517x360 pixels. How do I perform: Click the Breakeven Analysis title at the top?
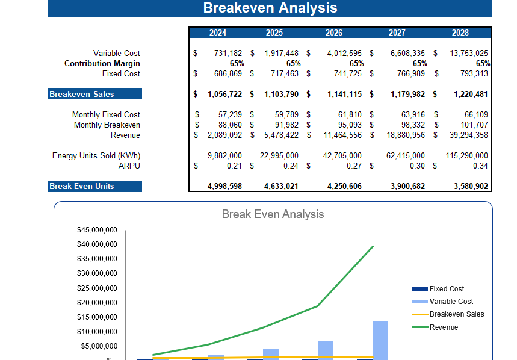point(270,8)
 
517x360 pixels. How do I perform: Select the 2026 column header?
point(334,33)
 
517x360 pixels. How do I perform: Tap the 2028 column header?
point(460,33)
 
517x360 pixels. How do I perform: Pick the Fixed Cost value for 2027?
point(407,73)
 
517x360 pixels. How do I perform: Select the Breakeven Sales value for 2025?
point(282,94)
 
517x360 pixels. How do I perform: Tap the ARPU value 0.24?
point(290,166)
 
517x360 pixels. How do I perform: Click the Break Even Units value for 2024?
point(224,186)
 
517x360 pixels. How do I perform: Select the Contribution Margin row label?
point(102,63)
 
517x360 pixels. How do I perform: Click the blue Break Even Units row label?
point(94,186)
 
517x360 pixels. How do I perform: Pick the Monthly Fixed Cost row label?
point(106,114)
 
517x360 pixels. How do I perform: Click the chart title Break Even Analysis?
point(273,214)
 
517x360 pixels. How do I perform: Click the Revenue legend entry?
point(444,327)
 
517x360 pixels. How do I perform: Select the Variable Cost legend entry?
point(451,301)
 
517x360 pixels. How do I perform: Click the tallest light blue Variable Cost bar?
point(380,340)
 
